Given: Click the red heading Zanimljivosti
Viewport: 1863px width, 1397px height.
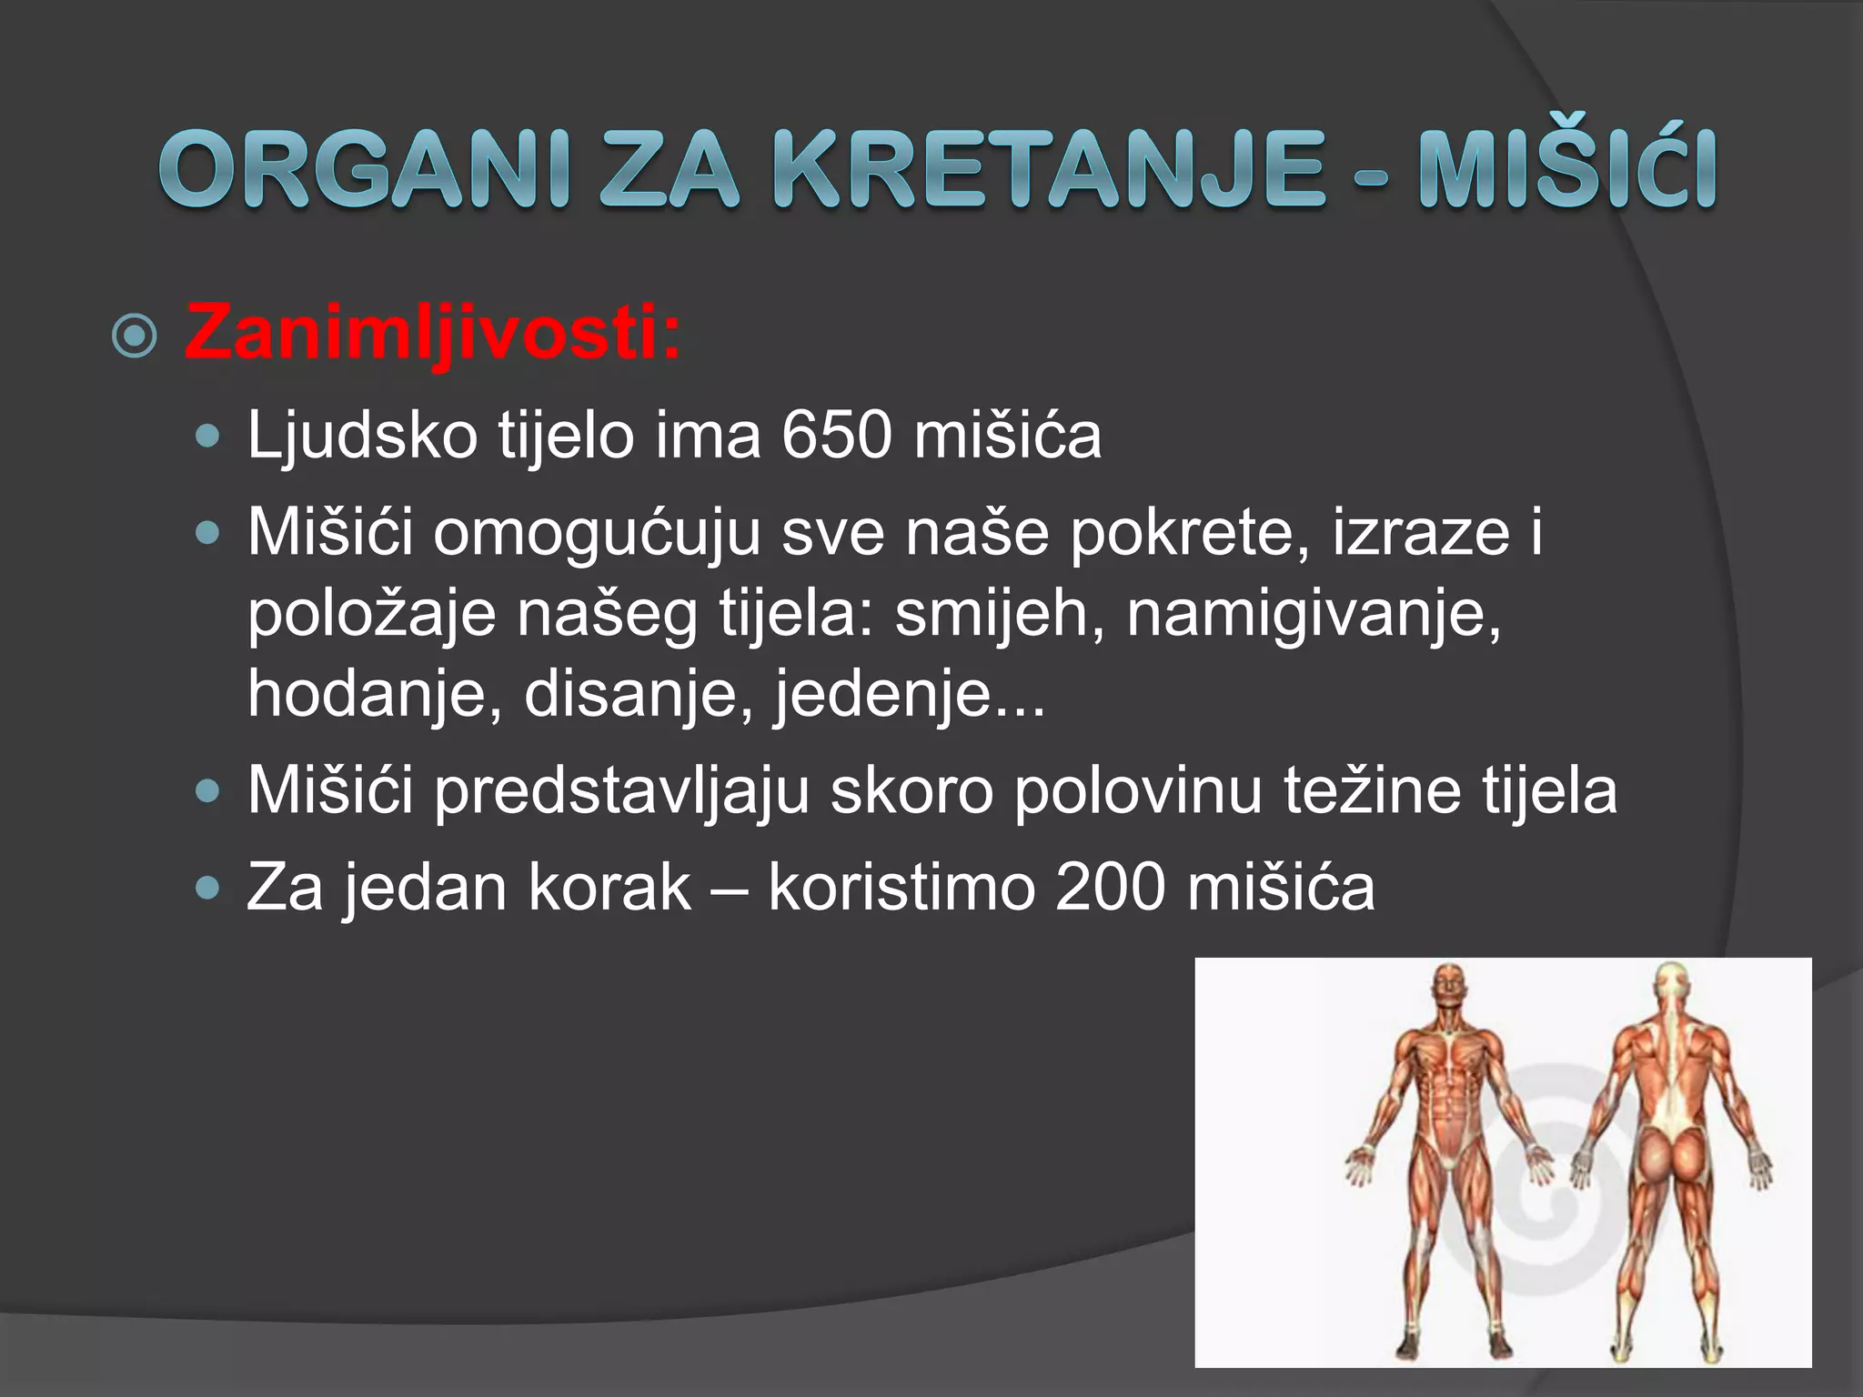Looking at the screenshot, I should click(432, 333).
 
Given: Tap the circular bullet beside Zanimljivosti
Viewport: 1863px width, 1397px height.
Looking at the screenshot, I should click(135, 337).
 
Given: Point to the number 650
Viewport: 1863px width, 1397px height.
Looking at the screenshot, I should click(836, 436).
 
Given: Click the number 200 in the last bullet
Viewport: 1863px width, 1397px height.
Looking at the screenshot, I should click(1109, 887).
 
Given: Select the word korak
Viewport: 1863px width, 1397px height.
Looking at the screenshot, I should click(609, 887).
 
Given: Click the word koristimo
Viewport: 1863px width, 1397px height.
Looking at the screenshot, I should click(901, 887).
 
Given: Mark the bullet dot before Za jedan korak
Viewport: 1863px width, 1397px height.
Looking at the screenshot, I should click(208, 888).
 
